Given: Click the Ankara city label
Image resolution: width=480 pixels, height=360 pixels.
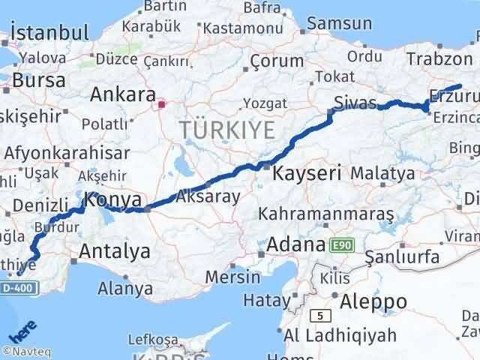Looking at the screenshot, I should [x=122, y=95].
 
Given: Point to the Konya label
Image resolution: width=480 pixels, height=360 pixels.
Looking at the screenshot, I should [x=113, y=200].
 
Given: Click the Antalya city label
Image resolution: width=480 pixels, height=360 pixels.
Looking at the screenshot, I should [x=114, y=251].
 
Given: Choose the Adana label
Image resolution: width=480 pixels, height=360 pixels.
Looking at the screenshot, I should [x=295, y=244].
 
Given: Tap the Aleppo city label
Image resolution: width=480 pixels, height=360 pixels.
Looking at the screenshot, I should [x=373, y=301].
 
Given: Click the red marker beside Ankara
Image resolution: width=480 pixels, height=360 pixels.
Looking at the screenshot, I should [x=160, y=105].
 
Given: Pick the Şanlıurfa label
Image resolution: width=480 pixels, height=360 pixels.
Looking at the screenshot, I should [x=402, y=257].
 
